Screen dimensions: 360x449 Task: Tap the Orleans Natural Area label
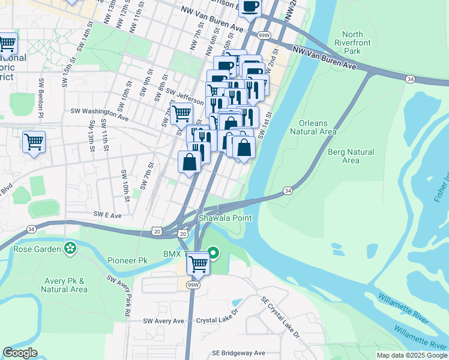[x=313, y=127]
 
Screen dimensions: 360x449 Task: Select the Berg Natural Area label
[x=351, y=156]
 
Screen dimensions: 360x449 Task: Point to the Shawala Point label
[x=230, y=218]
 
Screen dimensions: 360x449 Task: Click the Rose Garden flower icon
[x=71, y=248]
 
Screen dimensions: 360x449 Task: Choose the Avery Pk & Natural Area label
[x=65, y=285]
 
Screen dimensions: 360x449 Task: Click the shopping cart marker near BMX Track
[x=198, y=263]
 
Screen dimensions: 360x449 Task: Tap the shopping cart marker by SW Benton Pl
[x=34, y=142]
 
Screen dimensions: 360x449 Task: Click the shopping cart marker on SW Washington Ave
[x=181, y=112]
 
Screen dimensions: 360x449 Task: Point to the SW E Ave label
[x=107, y=214]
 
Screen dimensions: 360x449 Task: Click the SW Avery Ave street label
[x=163, y=321]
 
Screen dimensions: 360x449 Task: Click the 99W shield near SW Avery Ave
[x=192, y=284]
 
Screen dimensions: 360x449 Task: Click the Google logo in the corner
[x=20, y=353]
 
